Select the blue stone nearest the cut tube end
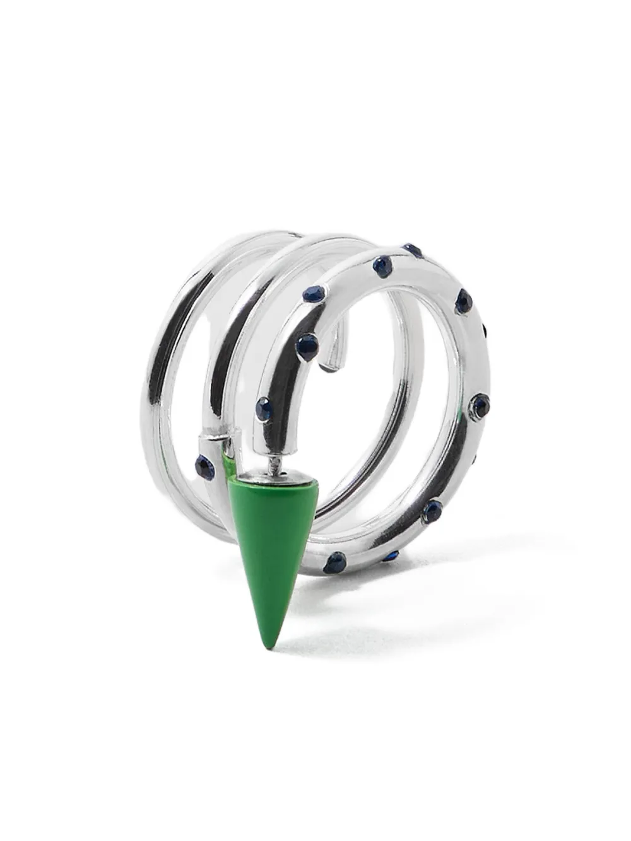[x=308, y=345]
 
